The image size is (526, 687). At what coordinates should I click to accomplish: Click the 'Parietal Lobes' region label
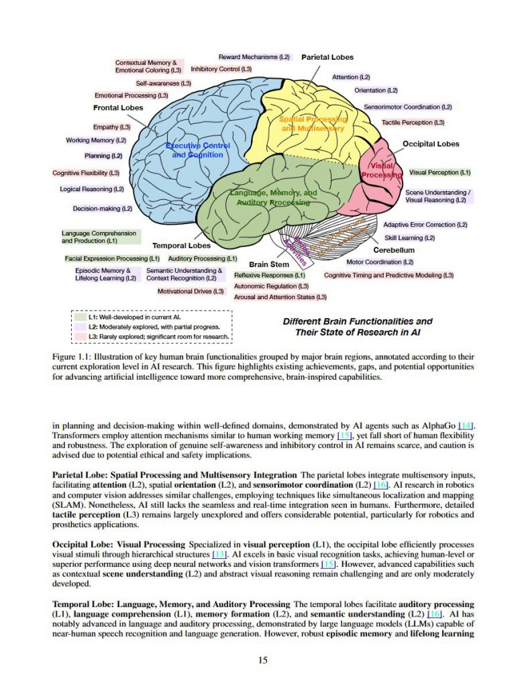[x=327, y=58]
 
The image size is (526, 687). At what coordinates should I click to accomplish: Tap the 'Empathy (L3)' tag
[x=111, y=127]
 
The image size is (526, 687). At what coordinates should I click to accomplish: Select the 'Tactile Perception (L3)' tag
[x=413, y=123]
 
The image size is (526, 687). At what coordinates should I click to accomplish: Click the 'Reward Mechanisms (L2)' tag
[x=254, y=58]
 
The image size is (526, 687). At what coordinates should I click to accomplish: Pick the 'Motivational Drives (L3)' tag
[x=191, y=291]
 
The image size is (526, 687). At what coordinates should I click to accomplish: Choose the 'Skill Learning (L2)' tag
[x=410, y=237]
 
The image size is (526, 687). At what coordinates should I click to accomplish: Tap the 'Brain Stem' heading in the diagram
[x=269, y=264]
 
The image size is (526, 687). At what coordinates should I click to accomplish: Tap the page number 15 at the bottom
[x=263, y=660]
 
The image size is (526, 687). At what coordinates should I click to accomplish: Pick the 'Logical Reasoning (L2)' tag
[x=92, y=189]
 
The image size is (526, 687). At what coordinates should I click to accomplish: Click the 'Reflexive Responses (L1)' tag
[x=270, y=275]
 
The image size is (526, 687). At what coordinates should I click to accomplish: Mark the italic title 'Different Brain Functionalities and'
[x=358, y=321]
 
